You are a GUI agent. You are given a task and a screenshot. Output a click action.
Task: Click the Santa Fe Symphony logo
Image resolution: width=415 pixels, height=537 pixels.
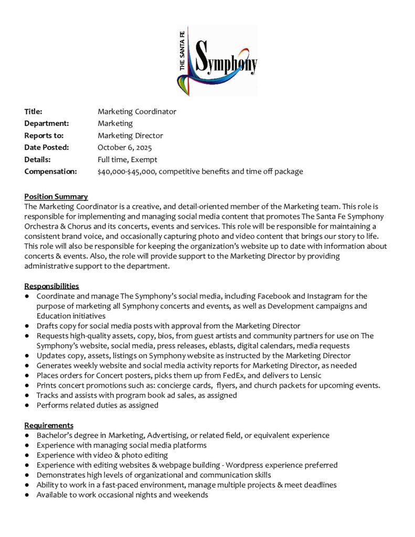[217, 60]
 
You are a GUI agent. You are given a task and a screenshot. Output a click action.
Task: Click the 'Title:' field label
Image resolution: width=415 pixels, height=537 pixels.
[33, 111]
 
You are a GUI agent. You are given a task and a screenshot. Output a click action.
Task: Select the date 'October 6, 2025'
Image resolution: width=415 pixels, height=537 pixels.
[124, 147]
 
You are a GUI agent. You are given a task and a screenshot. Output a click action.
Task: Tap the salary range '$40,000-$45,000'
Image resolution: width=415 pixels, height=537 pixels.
[125, 171]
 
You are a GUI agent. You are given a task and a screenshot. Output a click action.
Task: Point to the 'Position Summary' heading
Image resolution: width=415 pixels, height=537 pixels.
[56, 197]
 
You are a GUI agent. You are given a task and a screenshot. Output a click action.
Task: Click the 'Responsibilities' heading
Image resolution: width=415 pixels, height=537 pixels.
[51, 286]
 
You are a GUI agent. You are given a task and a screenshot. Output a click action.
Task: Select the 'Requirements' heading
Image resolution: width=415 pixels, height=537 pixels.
[49, 425]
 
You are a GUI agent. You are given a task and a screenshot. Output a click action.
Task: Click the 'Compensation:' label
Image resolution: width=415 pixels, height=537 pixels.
[50, 171]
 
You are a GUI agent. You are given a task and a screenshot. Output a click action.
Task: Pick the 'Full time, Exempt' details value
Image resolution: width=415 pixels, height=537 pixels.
[127, 159]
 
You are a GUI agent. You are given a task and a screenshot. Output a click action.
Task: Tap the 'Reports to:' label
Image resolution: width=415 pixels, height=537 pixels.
[42, 135]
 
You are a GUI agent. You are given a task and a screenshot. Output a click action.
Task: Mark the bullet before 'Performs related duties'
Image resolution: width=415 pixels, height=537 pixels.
[27, 405]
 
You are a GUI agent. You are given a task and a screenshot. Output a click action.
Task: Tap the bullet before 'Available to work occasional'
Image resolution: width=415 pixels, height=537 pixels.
[27, 495]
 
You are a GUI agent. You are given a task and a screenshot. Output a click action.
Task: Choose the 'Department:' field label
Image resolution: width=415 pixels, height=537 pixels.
[47, 123]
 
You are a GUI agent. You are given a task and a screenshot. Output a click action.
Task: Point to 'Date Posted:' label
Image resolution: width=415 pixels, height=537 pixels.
[47, 147]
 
